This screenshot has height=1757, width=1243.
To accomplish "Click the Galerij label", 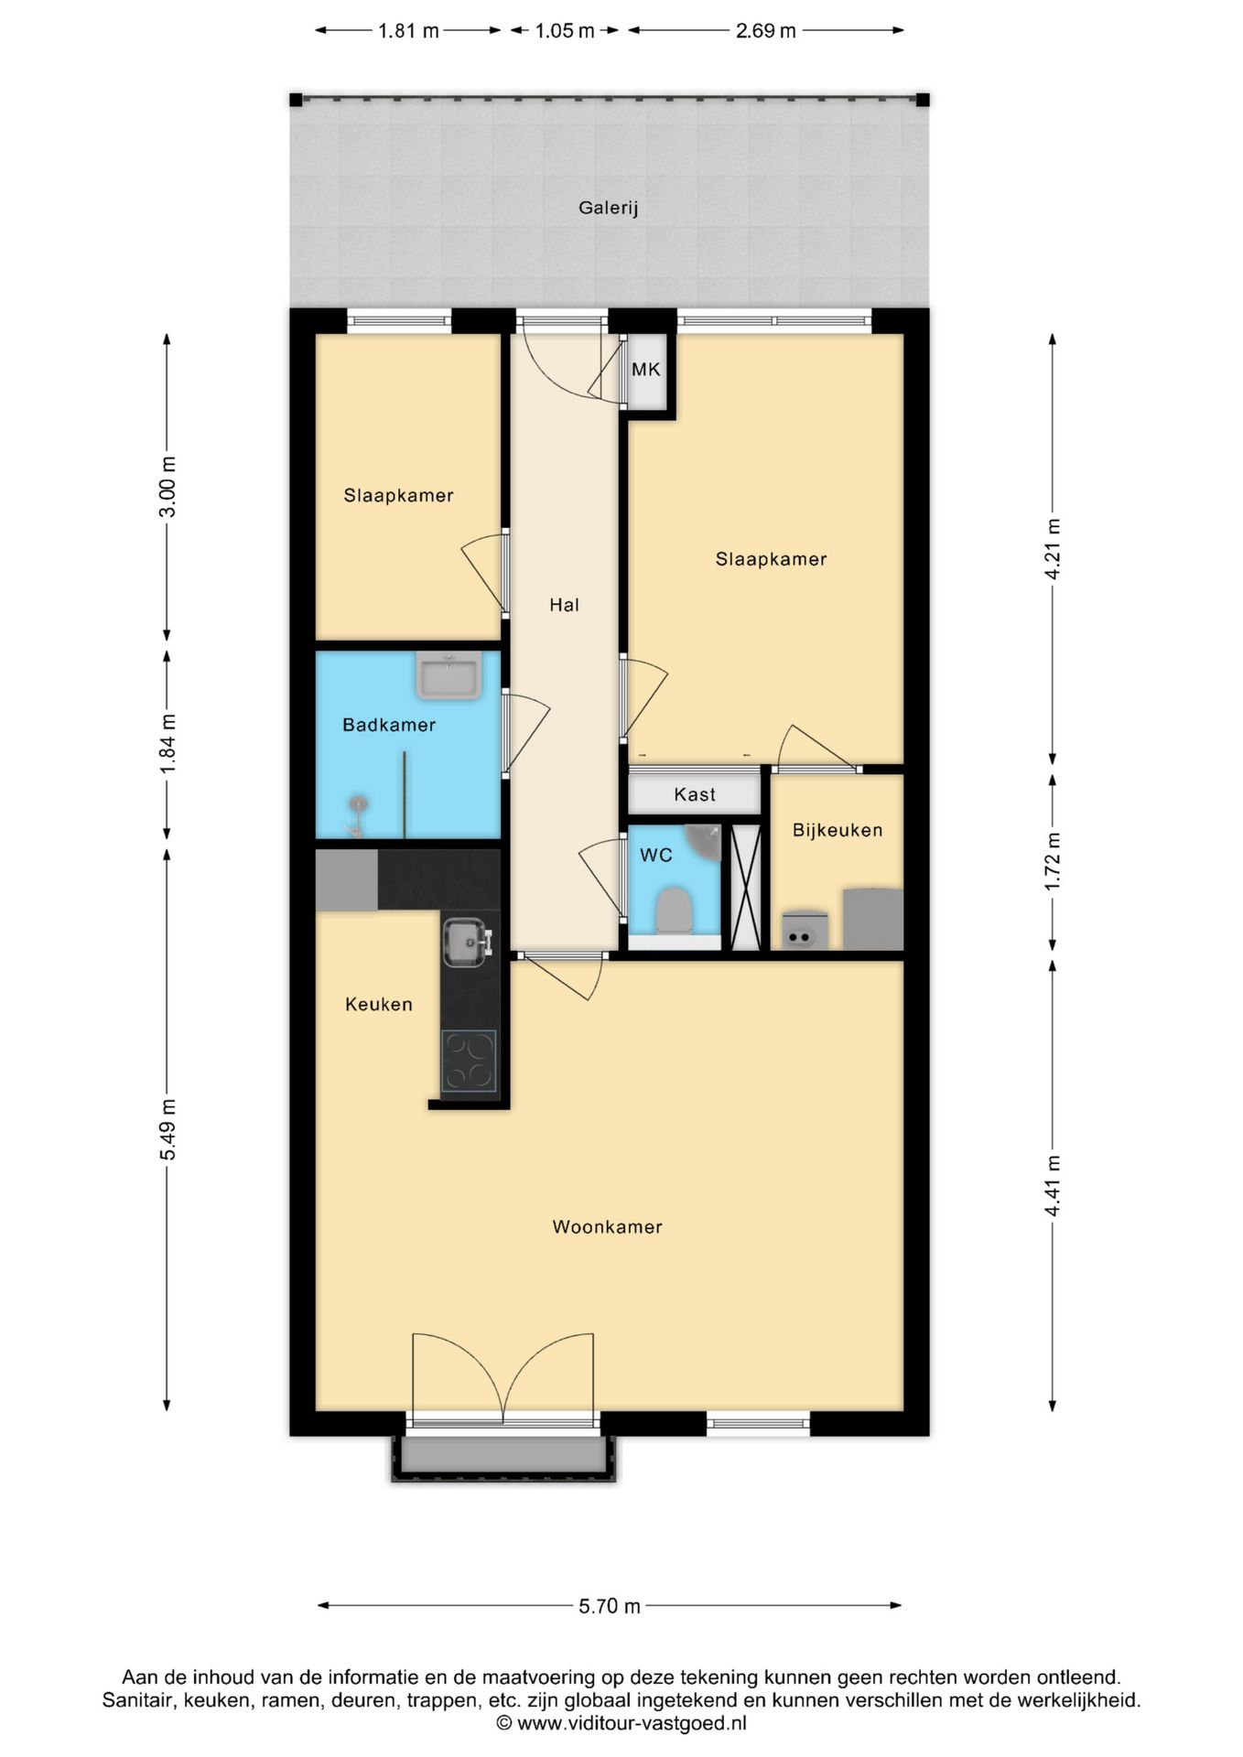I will (608, 208).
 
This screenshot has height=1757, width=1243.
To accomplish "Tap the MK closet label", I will (645, 370).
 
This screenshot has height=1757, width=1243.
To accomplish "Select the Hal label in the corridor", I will (564, 605).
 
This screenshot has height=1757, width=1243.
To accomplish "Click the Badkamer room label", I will (389, 725).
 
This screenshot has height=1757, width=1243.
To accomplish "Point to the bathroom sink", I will (449, 676).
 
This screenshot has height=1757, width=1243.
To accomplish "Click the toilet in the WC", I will (675, 910).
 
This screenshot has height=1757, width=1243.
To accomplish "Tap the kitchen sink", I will (467, 942).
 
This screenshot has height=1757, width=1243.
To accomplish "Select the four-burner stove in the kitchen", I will (469, 1061).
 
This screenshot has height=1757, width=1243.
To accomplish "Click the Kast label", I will (695, 794).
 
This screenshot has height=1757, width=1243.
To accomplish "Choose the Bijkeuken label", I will (838, 830).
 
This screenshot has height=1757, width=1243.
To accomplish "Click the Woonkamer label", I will (607, 1227).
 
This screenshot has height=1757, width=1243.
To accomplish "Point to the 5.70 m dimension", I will (610, 1606).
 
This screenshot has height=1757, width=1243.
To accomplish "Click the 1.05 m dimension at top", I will (565, 31).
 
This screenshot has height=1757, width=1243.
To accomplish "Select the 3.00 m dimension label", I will (168, 486).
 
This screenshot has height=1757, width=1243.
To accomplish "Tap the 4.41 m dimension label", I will (1053, 1186).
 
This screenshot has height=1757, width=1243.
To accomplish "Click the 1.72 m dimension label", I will (1053, 861).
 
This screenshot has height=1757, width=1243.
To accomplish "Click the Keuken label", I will (379, 1004).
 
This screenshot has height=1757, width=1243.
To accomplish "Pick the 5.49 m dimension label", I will (168, 1129).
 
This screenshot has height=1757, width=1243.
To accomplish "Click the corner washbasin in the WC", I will (707, 841).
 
